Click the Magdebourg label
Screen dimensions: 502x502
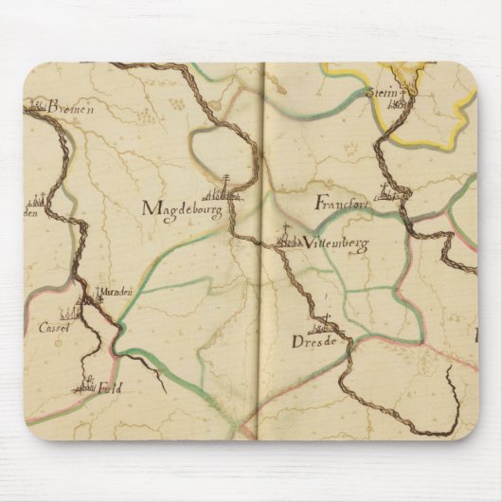pyautogui.click(x=183, y=207)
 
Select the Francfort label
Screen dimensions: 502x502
pyautogui.click(x=340, y=203)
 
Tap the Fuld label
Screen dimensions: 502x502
pyautogui.click(x=110, y=386)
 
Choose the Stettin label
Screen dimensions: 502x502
pyautogui.click(x=381, y=93)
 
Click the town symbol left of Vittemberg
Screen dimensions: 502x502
pyautogui.click(x=287, y=241)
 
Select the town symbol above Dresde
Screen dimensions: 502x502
pyautogui.click(x=325, y=320)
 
